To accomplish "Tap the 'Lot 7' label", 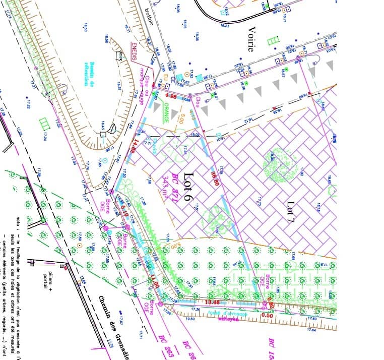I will (x=291, y=212).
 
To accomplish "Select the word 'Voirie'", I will (x=250, y=39).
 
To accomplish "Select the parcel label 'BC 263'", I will (x=163, y=345).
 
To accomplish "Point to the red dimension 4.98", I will (x=170, y=95).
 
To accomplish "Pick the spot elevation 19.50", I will (x=190, y=319).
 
